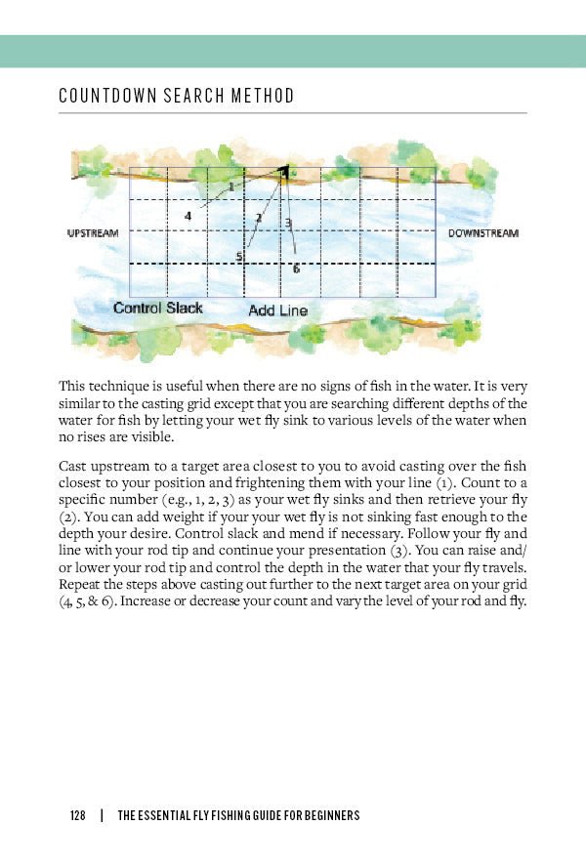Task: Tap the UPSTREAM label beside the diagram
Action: point(92,234)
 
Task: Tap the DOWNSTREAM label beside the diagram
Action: point(483,234)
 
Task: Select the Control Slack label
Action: point(158,308)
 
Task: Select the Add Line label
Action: point(277,310)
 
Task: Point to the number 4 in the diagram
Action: point(188,216)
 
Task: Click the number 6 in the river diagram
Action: point(296,268)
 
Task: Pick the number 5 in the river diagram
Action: point(238,257)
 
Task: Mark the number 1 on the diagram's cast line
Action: point(230,186)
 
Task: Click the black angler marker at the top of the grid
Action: point(284,173)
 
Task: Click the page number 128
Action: point(78,815)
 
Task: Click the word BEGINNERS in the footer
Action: point(325,815)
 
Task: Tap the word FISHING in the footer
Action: point(208,815)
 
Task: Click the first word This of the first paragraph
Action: point(71,386)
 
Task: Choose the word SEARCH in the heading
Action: point(181,97)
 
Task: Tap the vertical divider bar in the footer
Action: point(102,815)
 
